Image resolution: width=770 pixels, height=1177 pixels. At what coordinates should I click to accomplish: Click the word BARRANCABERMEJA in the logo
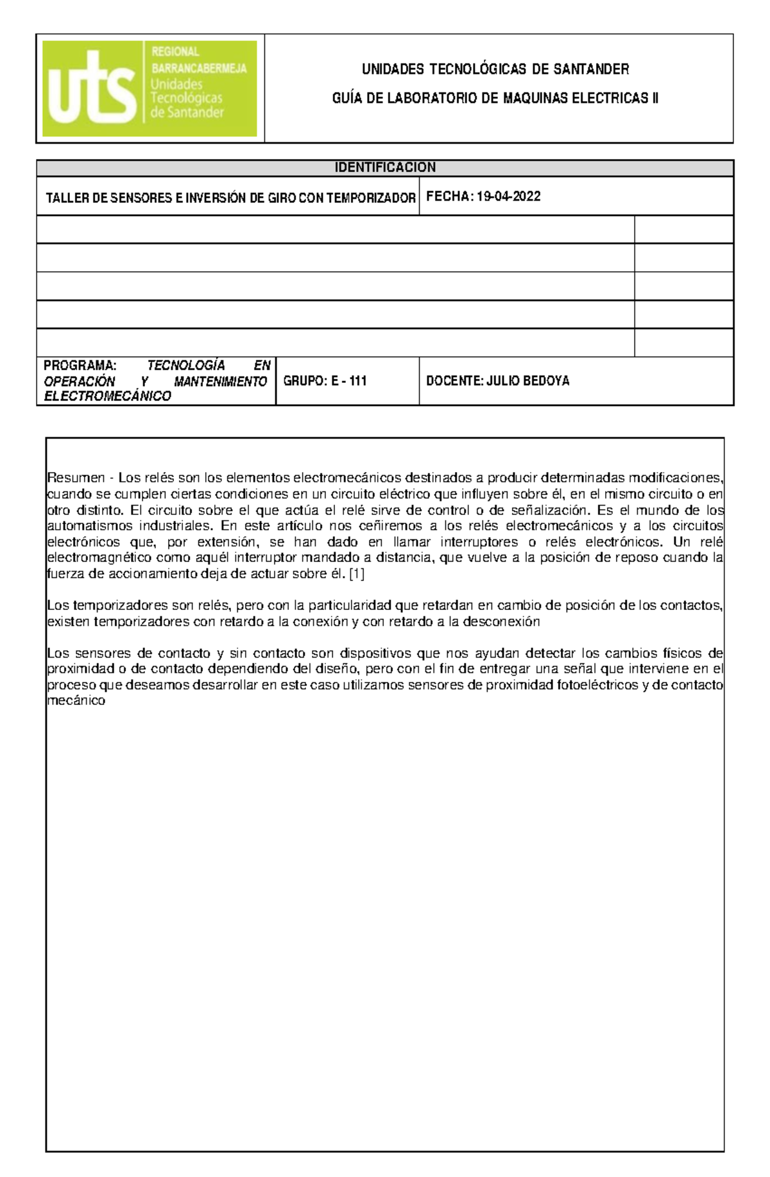coord(199,69)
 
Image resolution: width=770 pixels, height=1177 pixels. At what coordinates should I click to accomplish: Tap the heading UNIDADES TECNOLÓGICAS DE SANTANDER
coord(495,69)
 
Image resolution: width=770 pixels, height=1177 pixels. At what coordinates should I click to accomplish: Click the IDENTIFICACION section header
coord(385,167)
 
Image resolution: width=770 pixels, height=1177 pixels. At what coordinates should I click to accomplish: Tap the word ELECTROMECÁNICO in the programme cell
coord(107,396)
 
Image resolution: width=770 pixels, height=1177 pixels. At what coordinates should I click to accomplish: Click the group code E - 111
coord(349,381)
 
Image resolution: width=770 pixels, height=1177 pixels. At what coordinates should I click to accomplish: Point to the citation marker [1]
coord(356,574)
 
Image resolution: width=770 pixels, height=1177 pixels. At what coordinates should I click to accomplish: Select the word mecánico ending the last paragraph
coord(76,700)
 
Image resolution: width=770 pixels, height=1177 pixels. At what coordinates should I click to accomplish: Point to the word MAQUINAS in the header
coord(534,98)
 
